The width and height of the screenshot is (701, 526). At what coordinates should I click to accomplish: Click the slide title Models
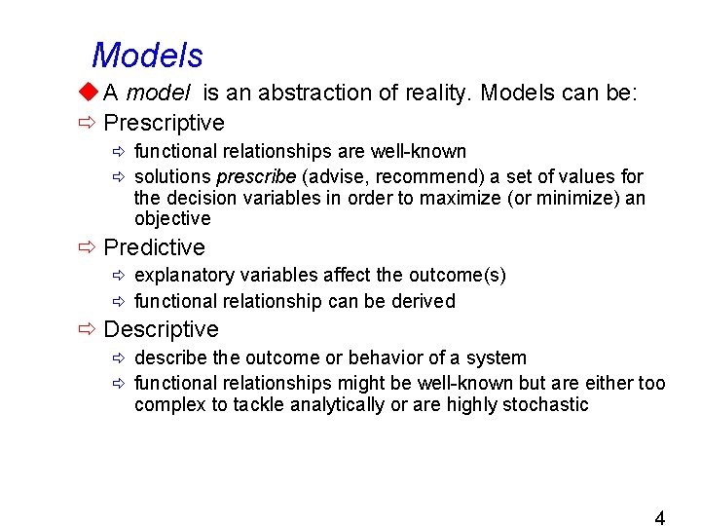click(147, 56)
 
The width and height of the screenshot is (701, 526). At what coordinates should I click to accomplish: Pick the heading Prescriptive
click(164, 123)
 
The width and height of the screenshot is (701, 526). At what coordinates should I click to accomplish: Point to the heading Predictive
click(154, 247)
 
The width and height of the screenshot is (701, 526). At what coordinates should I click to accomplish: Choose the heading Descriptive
click(161, 329)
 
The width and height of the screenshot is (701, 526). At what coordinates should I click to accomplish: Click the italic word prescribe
click(256, 176)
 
